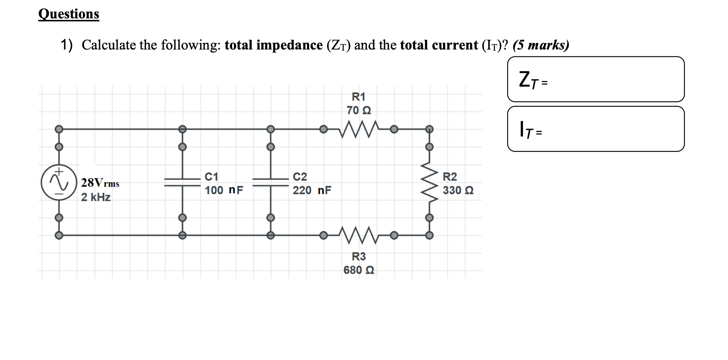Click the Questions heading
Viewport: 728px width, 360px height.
(x=69, y=14)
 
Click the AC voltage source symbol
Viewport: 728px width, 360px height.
(x=59, y=182)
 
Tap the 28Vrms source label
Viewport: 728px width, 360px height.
(x=100, y=183)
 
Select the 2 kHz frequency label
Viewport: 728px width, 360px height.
(x=96, y=197)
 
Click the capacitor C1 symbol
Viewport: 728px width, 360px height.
(x=182, y=182)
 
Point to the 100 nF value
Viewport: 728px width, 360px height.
(x=223, y=190)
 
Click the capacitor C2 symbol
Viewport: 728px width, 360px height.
(x=270, y=182)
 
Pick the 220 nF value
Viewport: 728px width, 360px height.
(x=312, y=190)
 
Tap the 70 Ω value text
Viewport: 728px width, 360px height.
(x=359, y=110)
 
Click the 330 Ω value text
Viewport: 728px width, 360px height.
(x=458, y=190)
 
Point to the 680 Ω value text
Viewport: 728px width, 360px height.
(x=359, y=270)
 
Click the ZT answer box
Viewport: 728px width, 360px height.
(x=596, y=79)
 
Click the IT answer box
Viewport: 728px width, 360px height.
(x=596, y=129)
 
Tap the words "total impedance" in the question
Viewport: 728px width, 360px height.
(x=273, y=45)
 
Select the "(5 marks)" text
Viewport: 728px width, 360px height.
(x=541, y=45)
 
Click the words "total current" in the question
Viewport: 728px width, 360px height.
(x=439, y=45)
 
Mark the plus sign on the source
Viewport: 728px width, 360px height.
(x=58, y=172)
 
